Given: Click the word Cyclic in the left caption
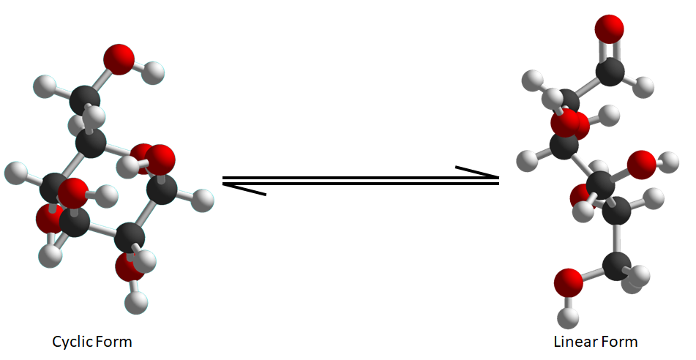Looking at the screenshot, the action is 71,342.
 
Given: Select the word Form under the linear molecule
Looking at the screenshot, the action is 619,342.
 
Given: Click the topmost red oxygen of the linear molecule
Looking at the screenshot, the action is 610,30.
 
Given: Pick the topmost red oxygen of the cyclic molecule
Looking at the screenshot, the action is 119,58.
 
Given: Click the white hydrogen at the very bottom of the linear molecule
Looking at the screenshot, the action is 568,317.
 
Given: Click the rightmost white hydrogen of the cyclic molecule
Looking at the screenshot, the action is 206,198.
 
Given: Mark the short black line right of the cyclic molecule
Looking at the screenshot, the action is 244,190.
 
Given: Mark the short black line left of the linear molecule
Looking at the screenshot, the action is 477,172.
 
